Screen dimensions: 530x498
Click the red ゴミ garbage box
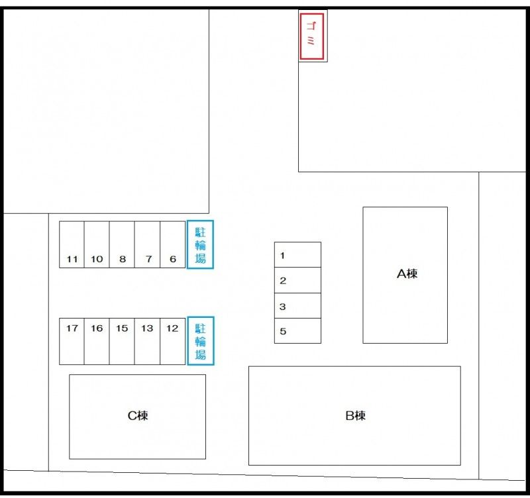point(311,36)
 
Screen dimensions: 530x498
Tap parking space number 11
point(72,244)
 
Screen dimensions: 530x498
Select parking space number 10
point(97,244)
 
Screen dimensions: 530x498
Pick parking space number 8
point(122,244)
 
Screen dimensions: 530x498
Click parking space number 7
point(147,244)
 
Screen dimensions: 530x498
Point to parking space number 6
point(172,244)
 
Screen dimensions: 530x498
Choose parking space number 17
point(72,341)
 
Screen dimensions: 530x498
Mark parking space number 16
point(97,341)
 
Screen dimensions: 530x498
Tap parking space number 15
point(122,341)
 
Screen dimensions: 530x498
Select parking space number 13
point(147,341)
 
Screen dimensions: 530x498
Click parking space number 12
point(172,341)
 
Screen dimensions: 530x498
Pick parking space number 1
point(297,255)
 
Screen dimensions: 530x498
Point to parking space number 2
point(297,280)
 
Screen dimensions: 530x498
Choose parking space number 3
point(297,305)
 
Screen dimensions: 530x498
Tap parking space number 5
point(297,330)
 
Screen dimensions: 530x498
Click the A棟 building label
point(407,274)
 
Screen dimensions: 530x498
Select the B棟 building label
point(356,416)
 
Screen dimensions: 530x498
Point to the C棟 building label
point(138,416)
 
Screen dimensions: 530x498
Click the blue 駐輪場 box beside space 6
point(200,244)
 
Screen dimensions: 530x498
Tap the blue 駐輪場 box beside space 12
point(201,341)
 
